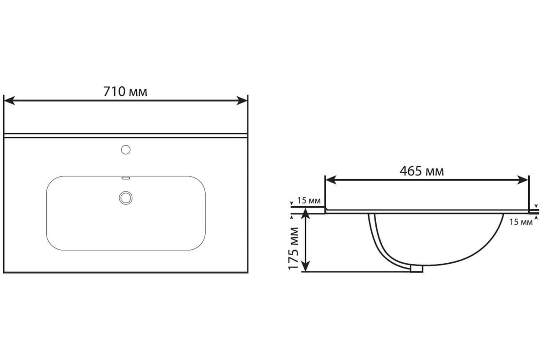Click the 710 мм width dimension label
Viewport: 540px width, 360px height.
pos(125,92)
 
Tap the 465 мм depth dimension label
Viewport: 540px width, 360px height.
pos(422,171)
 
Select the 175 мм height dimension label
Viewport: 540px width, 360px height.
pos(293,248)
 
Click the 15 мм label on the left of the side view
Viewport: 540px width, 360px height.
pos(309,200)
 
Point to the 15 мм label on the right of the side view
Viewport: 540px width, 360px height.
pos(521,222)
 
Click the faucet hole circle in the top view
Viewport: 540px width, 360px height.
pos(126,150)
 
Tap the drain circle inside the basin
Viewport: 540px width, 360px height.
pos(126,198)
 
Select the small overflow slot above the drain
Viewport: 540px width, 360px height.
pos(126,178)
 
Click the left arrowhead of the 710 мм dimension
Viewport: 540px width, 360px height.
pos(9,100)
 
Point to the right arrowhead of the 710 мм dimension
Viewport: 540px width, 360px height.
pos(242,100)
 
